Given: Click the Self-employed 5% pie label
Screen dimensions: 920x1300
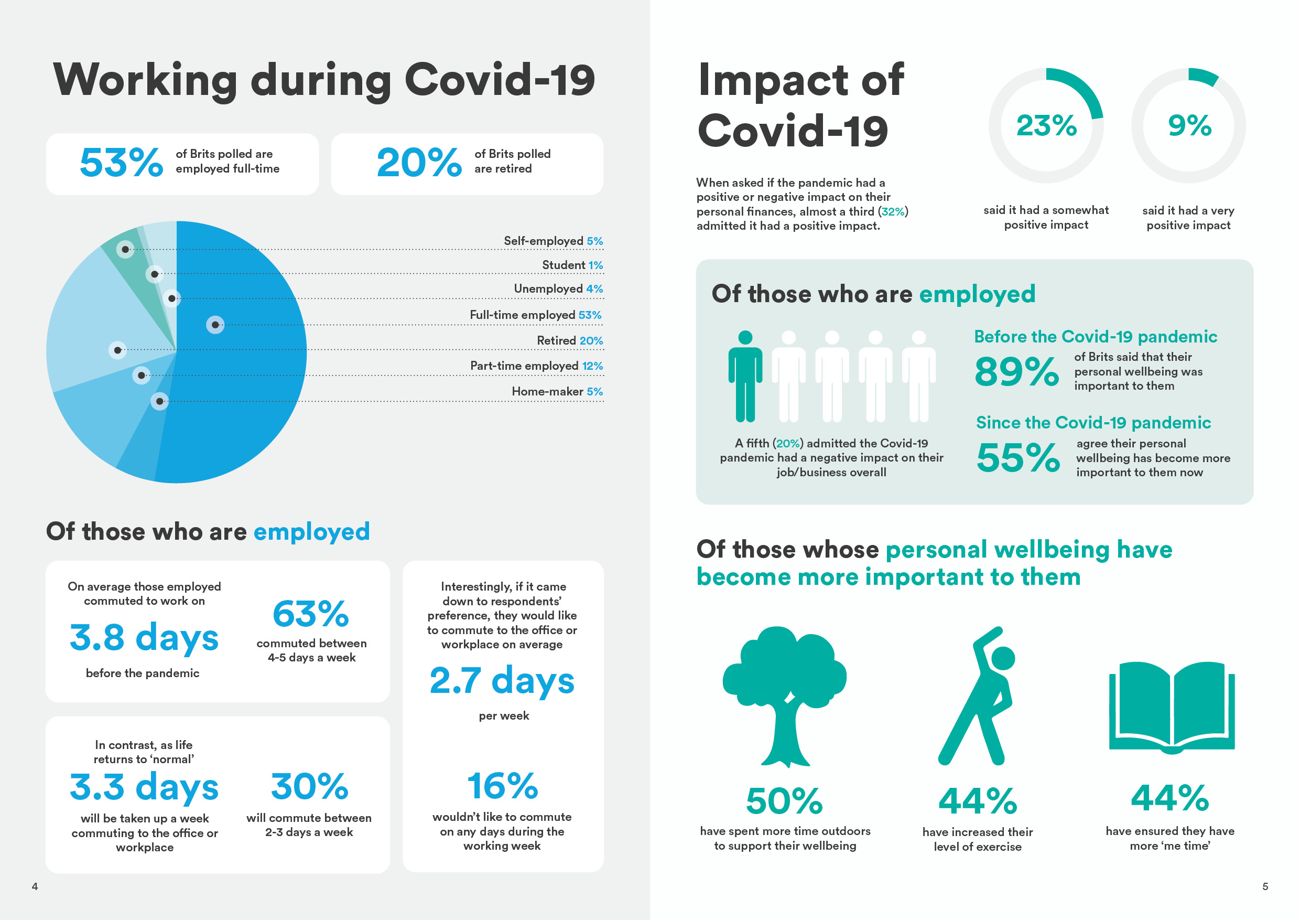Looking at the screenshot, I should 552,241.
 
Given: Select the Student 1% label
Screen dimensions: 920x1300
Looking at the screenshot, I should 572,265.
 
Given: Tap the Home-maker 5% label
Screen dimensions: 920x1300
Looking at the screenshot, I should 557,391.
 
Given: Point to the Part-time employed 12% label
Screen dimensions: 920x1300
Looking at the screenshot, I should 536,366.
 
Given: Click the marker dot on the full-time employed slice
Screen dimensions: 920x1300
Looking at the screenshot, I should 215,325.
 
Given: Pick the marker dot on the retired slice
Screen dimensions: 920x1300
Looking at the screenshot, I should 117,350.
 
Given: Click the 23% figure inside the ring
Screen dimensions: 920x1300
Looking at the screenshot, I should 1046,125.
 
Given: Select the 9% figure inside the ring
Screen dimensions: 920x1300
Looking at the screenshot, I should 1189,125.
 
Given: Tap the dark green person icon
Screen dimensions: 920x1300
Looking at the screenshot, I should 745,376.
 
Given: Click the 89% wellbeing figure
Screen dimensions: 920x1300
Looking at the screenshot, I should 1016,372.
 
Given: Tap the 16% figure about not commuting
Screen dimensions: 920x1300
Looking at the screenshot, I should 502,786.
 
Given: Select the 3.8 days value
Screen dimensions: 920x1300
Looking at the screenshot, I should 144,637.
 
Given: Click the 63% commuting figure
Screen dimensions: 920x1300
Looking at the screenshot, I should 311,614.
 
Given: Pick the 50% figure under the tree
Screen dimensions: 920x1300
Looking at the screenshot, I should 784,800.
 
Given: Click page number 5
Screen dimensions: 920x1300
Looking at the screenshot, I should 1265,886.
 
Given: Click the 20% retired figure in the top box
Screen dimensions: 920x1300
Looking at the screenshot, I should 419,163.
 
